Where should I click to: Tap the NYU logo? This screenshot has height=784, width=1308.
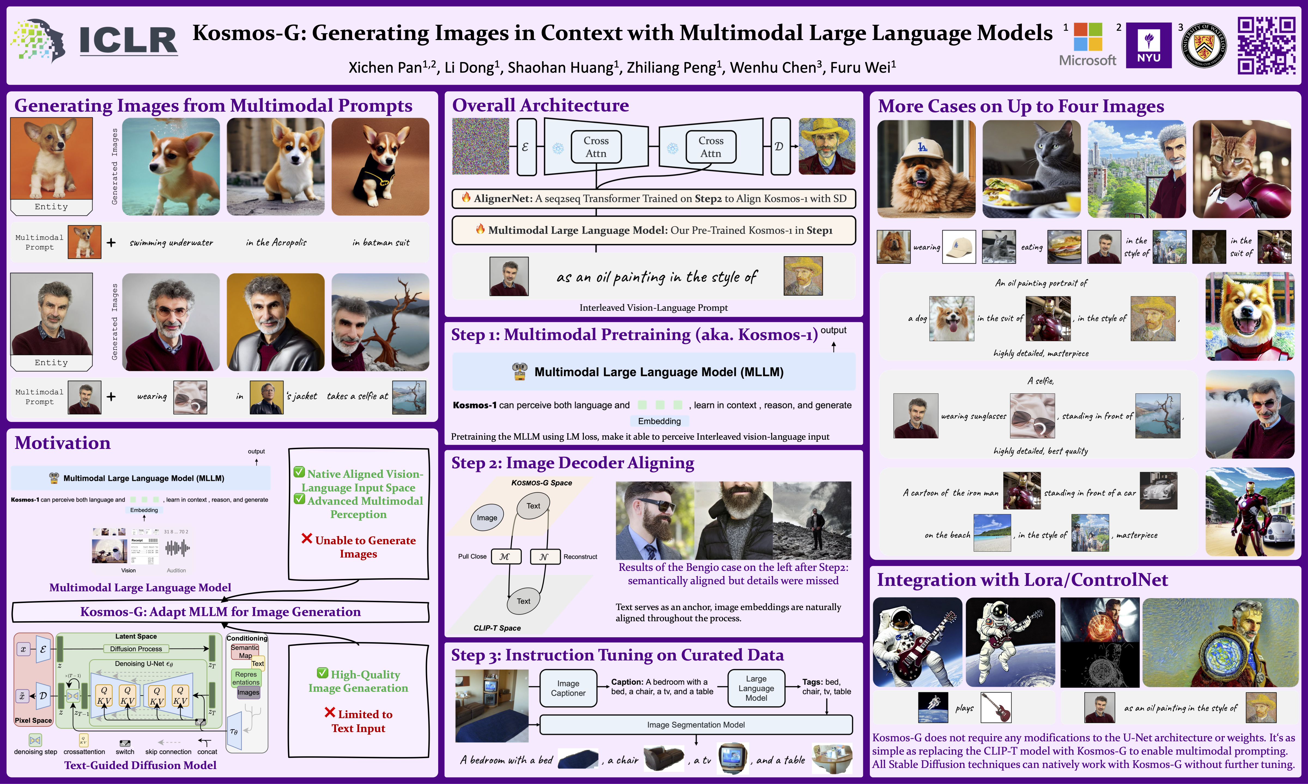click(1148, 45)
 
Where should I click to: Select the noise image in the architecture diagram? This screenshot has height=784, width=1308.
click(480, 146)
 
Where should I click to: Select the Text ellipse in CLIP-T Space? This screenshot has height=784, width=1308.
click(523, 601)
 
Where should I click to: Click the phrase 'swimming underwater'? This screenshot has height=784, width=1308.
click(171, 243)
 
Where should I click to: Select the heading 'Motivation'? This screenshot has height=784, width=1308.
click(62, 443)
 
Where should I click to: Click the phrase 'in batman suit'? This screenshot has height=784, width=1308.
click(381, 243)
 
